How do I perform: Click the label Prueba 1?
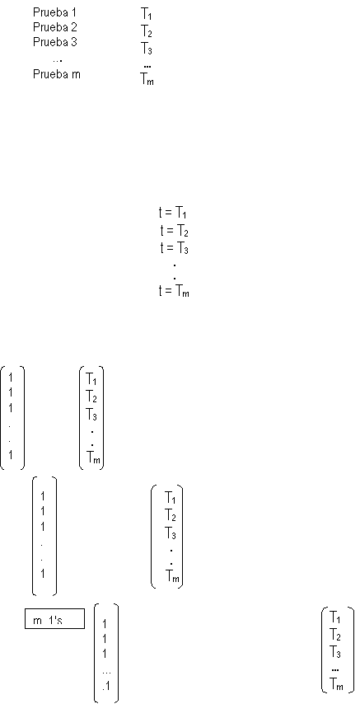(x=54, y=12)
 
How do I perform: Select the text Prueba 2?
(x=54, y=27)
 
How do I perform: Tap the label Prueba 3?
(x=54, y=42)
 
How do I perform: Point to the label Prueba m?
(x=57, y=74)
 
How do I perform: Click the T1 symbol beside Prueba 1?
(x=147, y=14)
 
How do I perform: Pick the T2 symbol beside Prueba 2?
(x=147, y=31)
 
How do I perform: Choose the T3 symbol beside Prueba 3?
(x=147, y=48)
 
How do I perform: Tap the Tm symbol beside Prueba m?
(x=147, y=80)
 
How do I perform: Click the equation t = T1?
(x=173, y=212)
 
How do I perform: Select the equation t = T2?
(x=174, y=231)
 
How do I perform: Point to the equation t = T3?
(x=174, y=248)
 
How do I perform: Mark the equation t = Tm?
(x=174, y=291)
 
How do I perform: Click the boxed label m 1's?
(x=54, y=621)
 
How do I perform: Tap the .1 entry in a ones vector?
(x=106, y=687)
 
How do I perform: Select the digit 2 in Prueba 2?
(x=74, y=27)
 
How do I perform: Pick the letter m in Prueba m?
(x=77, y=75)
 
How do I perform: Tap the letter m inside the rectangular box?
(x=37, y=622)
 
